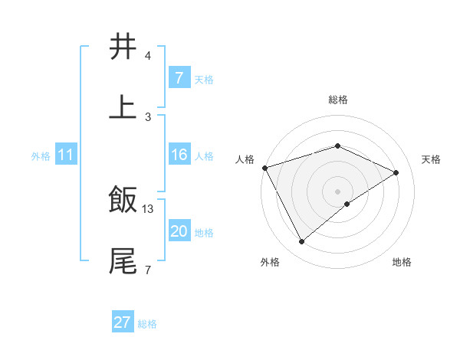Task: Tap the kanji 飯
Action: click(123, 200)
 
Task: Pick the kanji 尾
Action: click(123, 260)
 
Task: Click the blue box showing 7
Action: click(179, 77)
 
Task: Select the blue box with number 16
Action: click(179, 155)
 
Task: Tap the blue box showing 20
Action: click(179, 231)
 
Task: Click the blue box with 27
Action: click(123, 322)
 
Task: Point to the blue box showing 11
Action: click(66, 155)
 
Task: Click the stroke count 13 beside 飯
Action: click(148, 208)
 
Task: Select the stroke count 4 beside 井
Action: click(148, 56)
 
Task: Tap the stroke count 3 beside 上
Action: click(148, 116)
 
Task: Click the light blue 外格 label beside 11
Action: click(41, 155)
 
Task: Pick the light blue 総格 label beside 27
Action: click(147, 324)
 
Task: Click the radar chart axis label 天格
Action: click(431, 159)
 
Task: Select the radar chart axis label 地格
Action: click(402, 262)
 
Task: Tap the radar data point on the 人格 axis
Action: click(264, 168)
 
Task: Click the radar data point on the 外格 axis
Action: click(301, 242)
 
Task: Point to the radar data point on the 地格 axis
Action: click(347, 204)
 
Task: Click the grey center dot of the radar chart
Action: click(337, 191)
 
